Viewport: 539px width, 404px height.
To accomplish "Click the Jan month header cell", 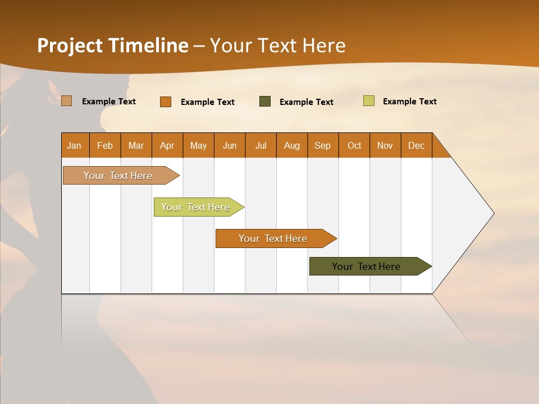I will [75, 145].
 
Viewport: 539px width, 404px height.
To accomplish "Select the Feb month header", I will [105, 145].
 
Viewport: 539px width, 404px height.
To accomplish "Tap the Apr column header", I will [167, 145].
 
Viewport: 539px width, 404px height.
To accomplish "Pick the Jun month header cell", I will [230, 145].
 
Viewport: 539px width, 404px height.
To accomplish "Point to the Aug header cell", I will [292, 145].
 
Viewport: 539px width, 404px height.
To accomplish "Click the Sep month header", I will [323, 145].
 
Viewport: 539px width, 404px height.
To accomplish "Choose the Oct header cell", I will [354, 145].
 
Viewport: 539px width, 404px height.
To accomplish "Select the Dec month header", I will [417, 145].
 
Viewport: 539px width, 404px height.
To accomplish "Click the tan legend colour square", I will [67, 101].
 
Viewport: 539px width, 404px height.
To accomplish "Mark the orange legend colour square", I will [166, 102].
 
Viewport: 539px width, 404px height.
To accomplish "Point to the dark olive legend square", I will [265, 102].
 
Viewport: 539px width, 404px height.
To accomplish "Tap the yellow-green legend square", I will [369, 101].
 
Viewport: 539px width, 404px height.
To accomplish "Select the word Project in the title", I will [70, 45].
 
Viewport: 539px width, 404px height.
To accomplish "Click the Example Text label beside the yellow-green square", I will [409, 102].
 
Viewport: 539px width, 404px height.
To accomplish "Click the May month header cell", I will [198, 145].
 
